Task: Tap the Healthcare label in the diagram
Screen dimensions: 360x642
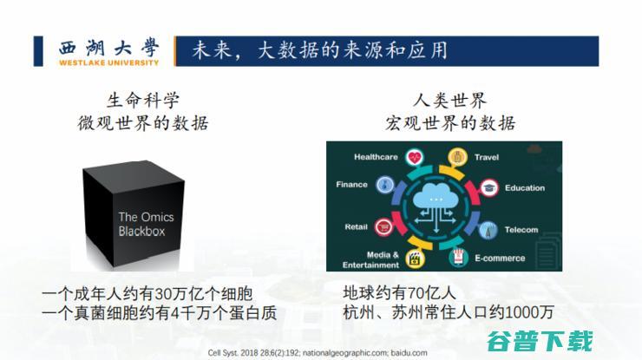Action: pos(376,157)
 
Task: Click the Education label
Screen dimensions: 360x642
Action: pos(524,187)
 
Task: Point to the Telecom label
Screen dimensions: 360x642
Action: pos(521,230)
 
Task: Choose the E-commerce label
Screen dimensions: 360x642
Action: pos(499,258)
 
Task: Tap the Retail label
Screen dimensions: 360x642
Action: pos(356,227)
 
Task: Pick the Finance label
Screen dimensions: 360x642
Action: pos(351,184)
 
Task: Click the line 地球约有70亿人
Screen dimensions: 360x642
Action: pos(397,291)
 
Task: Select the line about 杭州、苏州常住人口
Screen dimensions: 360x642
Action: pos(448,312)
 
